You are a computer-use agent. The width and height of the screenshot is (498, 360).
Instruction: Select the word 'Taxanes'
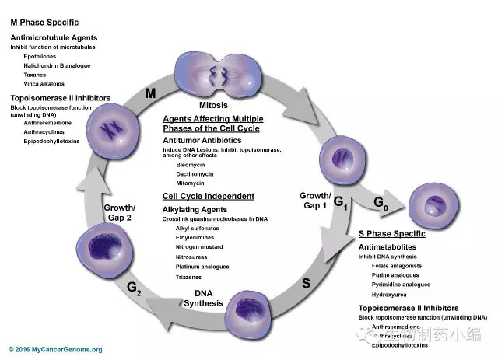tap(35, 74)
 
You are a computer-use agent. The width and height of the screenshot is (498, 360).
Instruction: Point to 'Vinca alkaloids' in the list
tap(44, 83)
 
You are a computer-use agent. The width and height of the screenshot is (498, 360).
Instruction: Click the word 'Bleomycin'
tap(191, 165)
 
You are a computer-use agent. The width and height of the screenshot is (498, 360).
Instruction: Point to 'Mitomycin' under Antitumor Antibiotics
tap(191, 183)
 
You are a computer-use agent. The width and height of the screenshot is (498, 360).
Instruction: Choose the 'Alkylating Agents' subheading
tap(195, 209)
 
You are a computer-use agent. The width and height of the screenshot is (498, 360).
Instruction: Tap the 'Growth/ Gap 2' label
tap(120, 212)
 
